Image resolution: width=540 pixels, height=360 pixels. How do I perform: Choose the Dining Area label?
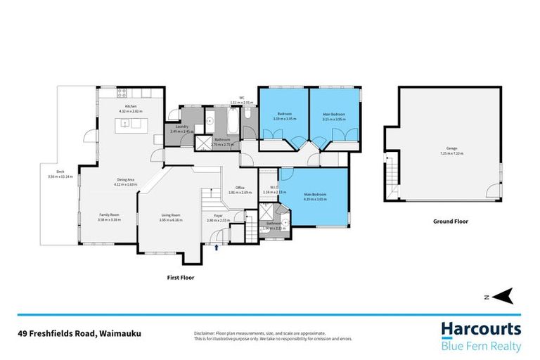coord(126,181)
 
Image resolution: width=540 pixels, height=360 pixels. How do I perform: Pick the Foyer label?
coord(214,217)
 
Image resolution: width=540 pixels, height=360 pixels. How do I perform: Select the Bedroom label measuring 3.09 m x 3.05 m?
coord(284,114)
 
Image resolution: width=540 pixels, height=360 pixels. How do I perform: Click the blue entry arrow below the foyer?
coord(217,247)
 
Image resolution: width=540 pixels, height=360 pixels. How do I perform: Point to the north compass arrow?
coord(505,296)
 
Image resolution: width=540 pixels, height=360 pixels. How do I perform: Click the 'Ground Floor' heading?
coord(450,221)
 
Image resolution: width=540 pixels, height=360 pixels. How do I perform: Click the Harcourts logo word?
coord(481,329)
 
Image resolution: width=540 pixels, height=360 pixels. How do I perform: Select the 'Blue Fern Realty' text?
coord(481,346)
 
